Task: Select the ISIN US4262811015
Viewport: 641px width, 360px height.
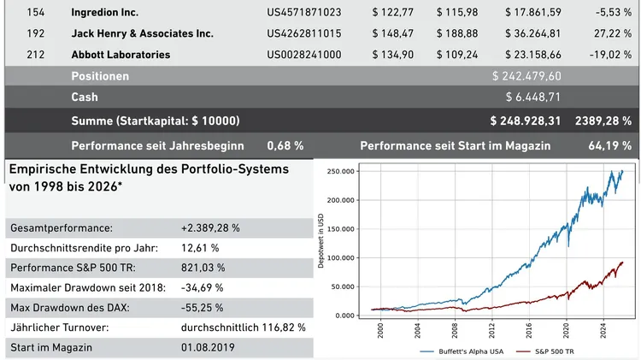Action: [304, 33]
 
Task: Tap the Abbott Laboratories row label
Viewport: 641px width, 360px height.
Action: [121, 55]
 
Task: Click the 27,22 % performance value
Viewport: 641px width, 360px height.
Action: [612, 33]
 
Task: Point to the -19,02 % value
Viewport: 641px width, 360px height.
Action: [610, 55]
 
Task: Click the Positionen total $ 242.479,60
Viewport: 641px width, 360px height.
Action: [526, 76]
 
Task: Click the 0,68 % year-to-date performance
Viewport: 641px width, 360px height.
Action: [285, 145]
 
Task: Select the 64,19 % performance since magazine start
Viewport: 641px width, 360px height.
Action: [610, 145]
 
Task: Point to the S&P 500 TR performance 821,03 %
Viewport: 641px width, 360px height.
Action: [203, 268]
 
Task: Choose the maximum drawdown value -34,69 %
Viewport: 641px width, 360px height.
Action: [204, 287]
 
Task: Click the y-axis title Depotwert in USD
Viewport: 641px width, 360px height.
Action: [321, 244]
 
